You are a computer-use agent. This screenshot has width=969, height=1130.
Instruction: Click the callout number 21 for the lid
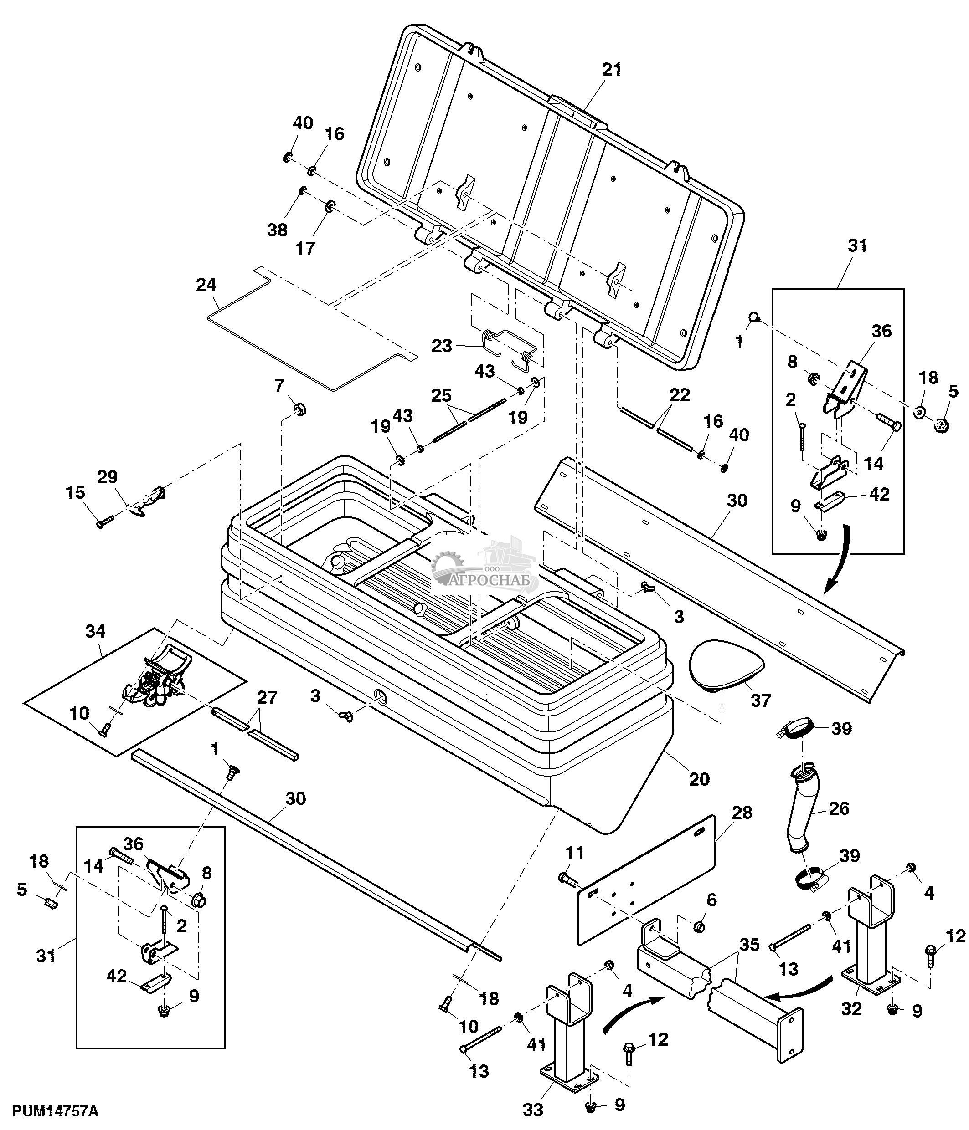click(612, 70)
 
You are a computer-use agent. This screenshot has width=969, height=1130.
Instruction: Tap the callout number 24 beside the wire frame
click(206, 285)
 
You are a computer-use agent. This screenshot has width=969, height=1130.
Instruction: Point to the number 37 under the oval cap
click(761, 700)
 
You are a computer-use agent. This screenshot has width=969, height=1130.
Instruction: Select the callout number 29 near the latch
click(108, 477)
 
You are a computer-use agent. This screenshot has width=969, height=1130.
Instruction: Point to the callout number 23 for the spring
click(441, 345)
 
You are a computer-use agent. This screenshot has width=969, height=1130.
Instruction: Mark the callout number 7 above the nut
click(279, 386)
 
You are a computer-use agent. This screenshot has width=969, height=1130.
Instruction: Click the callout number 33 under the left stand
click(533, 1109)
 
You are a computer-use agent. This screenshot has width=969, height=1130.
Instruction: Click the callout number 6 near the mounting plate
click(711, 900)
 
